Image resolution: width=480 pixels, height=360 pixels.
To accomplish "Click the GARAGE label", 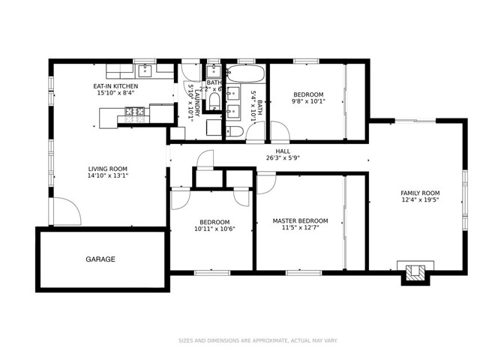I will [100, 259].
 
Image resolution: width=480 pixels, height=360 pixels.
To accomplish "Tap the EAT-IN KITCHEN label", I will [116, 86].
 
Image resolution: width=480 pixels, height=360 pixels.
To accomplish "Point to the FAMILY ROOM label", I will [419, 193].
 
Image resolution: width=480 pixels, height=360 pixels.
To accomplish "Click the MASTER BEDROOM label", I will [300, 220].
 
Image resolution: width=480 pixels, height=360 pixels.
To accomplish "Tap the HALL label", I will [282, 151].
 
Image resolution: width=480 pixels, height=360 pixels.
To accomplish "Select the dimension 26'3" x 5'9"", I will [282, 158].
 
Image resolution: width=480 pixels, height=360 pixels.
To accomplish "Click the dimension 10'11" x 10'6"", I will [214, 229].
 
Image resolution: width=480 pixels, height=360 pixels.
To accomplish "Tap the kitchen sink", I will [145, 71].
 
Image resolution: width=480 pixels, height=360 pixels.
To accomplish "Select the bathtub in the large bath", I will [245, 75].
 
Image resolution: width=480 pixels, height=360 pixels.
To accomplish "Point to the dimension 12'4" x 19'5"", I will [419, 200].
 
